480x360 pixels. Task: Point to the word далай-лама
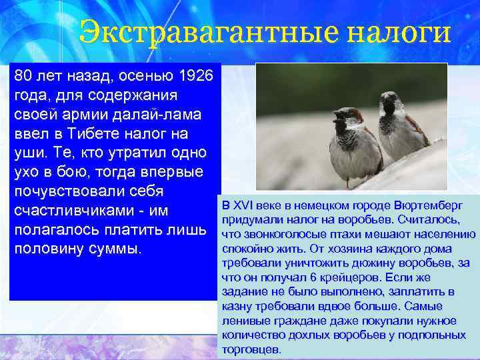point(156,115)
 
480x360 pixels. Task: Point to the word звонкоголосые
point(273,234)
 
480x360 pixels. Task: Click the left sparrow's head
point(347,118)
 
